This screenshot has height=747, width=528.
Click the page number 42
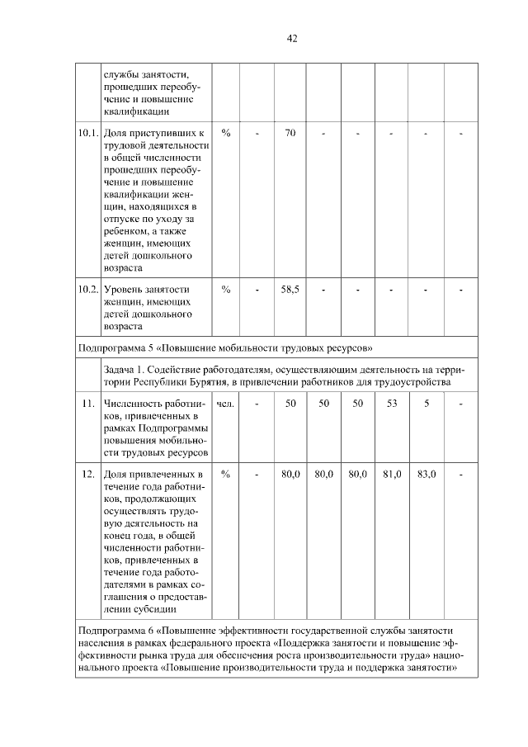pos(291,38)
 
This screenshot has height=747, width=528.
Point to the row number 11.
pos(88,404)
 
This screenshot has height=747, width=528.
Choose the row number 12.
pos(88,475)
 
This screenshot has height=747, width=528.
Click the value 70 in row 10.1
pos(290,133)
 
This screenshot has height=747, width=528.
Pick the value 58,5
pos(290,289)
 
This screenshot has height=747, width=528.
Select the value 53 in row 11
pos(392,404)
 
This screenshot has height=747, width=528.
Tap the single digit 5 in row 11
pos(427,404)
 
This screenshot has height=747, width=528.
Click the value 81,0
pos(392,475)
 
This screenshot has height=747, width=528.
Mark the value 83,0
pos(427,475)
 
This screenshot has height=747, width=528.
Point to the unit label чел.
pos(225,404)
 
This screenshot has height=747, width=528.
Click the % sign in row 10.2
pos(225,289)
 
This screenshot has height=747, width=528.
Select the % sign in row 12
pos(225,475)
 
